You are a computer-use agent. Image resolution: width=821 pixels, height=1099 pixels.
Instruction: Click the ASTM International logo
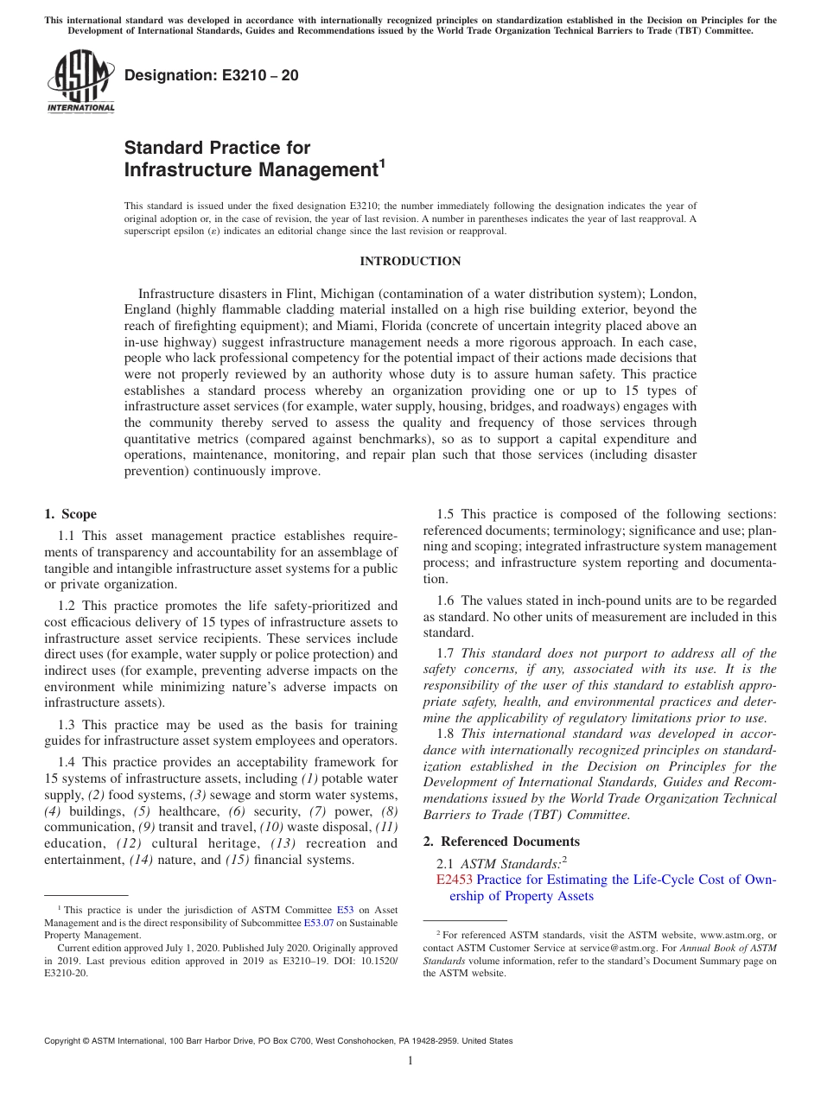[80, 81]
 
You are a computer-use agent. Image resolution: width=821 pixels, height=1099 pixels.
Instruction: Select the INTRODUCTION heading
[410, 261]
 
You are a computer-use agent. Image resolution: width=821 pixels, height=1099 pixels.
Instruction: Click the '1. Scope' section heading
[71, 514]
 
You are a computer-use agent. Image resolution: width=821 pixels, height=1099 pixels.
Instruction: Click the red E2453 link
[455, 880]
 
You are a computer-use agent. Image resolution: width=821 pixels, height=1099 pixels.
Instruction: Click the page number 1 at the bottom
[410, 1061]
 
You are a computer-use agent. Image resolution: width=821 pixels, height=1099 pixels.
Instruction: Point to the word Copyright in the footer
[64, 1041]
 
